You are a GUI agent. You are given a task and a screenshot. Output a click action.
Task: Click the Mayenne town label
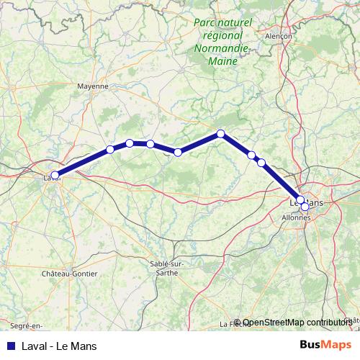pos(93,86)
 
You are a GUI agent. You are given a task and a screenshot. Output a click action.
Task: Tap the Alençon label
pos(278,35)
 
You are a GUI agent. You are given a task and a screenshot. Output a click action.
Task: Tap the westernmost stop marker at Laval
pos(55,175)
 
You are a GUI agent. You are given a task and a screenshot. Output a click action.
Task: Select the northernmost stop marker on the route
pos(221,133)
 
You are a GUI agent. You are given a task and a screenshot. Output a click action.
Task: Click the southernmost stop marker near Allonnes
pos(305,207)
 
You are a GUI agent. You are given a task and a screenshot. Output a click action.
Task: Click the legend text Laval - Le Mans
pos(59,346)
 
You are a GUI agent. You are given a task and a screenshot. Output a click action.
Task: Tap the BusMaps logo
pos(325,345)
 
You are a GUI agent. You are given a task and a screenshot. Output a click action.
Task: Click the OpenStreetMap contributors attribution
pos(297,323)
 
